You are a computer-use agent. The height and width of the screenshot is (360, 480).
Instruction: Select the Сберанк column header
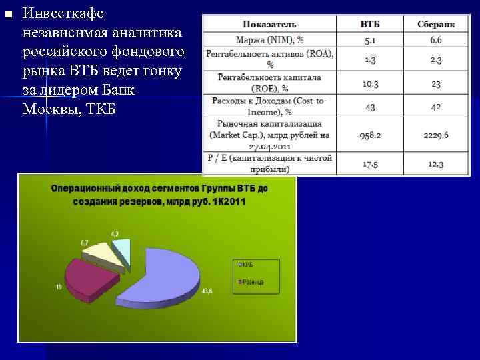436,24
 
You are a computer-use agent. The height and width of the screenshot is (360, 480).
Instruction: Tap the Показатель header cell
270,24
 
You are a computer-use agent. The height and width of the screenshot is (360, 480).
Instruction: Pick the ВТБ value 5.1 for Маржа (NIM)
369,40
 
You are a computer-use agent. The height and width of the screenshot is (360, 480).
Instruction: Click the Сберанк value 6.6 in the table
436,40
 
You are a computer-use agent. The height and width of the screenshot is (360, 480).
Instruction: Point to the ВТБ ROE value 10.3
369,83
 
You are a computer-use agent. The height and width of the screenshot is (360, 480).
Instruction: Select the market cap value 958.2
369,135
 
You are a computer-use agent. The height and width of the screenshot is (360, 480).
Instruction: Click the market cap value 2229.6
436,135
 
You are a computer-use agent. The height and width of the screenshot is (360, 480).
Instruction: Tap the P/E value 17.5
369,163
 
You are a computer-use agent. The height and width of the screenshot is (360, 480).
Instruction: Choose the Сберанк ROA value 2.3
436,59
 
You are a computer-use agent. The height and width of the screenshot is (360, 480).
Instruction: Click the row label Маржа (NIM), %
270,40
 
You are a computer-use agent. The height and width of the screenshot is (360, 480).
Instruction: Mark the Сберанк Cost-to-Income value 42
436,107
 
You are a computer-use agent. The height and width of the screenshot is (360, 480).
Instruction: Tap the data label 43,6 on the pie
207,291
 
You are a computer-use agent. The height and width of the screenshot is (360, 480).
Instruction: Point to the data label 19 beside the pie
59,286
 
